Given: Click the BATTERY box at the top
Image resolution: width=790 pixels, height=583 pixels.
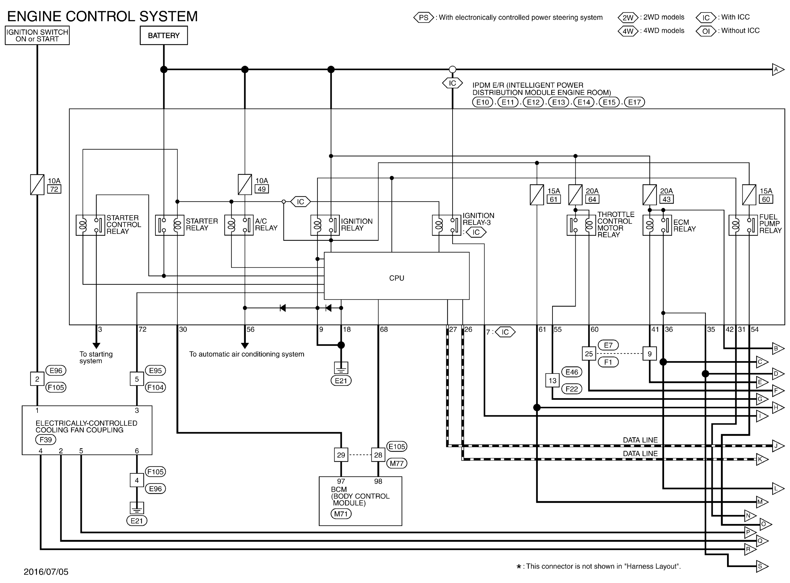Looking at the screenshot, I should [x=164, y=36].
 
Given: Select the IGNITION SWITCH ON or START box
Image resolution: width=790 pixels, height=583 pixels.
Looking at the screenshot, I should [x=37, y=35].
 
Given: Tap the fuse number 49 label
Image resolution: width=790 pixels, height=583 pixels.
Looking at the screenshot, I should [x=261, y=189].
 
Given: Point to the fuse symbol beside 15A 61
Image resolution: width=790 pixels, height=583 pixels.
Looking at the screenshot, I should [x=537, y=195].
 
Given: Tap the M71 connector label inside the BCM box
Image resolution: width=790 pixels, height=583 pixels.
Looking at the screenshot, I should [x=341, y=514].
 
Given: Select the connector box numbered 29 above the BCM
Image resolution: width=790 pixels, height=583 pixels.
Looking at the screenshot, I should [x=341, y=455].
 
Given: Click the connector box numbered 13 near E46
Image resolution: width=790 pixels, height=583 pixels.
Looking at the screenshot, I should [x=552, y=380].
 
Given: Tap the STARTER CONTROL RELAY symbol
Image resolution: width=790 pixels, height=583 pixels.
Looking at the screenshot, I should [x=90, y=225].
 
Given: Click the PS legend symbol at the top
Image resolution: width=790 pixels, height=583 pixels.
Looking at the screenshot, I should [x=423, y=18].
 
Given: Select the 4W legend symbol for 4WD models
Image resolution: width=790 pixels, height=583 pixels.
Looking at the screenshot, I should [x=628, y=31].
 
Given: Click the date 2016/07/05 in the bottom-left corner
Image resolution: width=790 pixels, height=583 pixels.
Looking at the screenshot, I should [x=46, y=572].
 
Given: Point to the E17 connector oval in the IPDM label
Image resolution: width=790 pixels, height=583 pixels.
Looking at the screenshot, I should [x=634, y=102].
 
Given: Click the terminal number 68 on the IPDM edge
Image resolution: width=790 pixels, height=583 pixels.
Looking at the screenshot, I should [x=384, y=330].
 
